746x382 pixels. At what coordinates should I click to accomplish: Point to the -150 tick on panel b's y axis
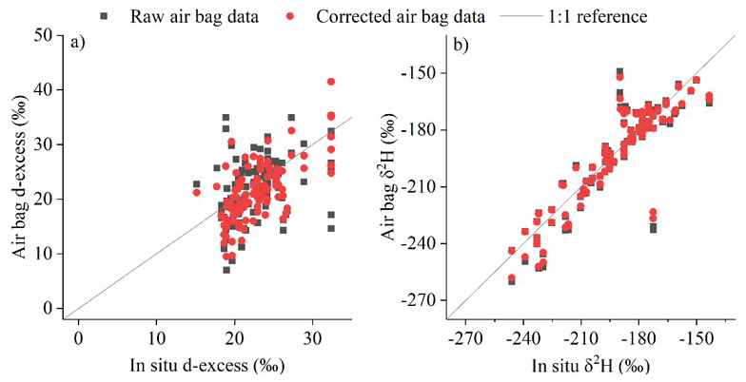pos(419,73)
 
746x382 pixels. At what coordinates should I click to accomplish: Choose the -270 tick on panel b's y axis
pos(419,299)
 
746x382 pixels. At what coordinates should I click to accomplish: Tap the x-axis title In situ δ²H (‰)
pos(595,363)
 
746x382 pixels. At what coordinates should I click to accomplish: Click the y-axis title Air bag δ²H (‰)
pos(391,176)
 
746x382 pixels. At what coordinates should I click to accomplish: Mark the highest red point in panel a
pos(331,82)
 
